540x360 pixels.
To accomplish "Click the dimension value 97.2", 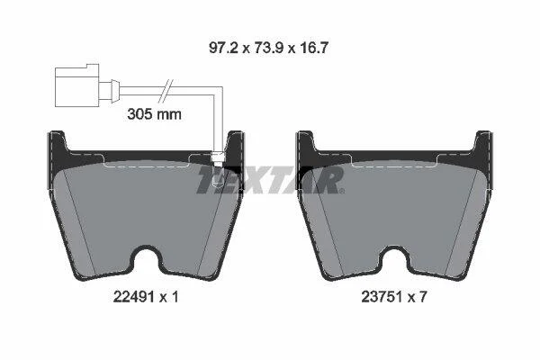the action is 223,48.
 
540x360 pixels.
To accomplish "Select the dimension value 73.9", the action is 268,48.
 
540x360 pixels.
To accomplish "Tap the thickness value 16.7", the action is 313,48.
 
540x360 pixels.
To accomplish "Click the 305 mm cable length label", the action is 154,114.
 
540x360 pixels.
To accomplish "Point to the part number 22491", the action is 133,297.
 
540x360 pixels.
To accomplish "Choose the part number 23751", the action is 382,297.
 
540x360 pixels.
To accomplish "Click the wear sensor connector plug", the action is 77,85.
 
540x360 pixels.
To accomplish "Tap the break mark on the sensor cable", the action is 165,91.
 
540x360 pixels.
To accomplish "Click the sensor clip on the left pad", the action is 218,158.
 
